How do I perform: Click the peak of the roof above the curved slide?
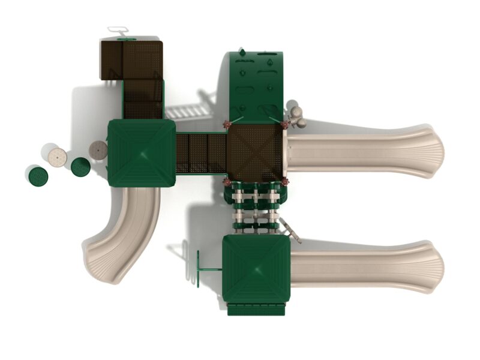pyautogui.click(x=142, y=153)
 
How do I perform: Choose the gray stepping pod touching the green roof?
pyautogui.click(x=98, y=150)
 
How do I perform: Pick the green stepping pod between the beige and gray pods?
pyautogui.click(x=80, y=167)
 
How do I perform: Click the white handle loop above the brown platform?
pyautogui.click(x=119, y=30)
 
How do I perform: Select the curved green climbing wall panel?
pyautogui.click(x=256, y=84)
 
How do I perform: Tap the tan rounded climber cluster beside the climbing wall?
pyautogui.click(x=296, y=114)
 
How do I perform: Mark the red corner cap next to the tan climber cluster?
pyautogui.click(x=284, y=124)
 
